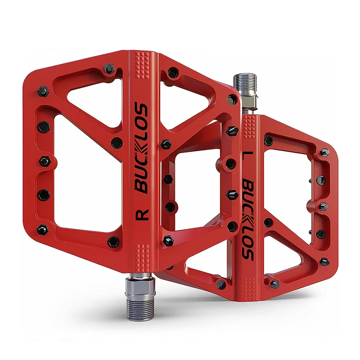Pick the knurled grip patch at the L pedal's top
tap(251, 126)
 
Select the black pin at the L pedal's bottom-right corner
tap(325, 261)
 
